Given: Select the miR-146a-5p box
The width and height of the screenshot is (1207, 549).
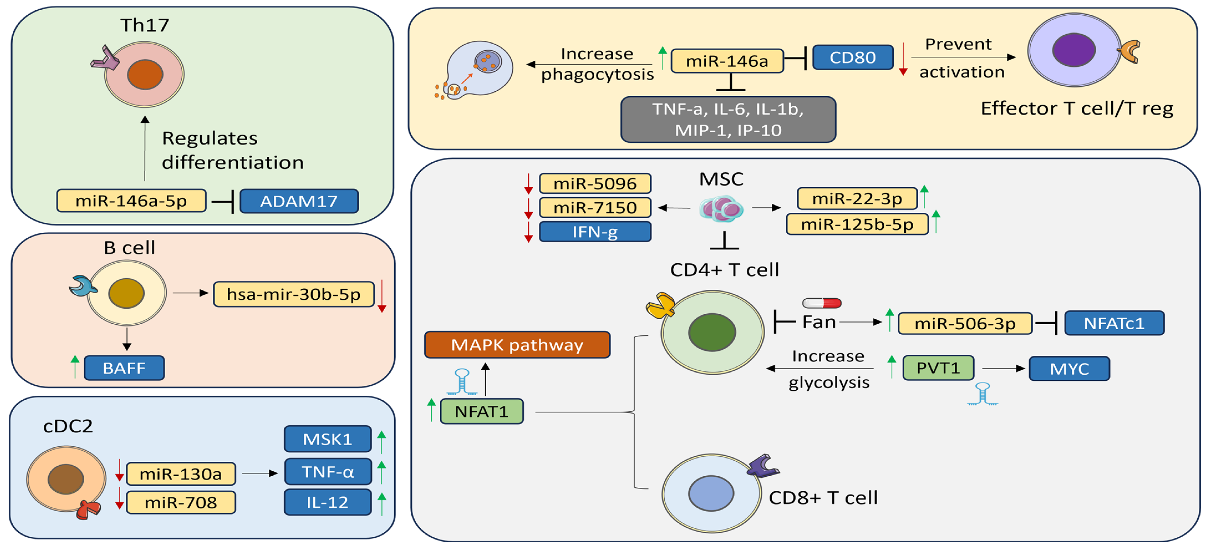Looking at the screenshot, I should [131, 201].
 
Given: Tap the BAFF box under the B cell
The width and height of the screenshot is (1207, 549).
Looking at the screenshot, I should [124, 368].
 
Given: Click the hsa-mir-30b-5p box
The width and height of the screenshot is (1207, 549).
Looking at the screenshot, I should [294, 294].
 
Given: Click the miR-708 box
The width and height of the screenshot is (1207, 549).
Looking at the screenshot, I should [181, 503].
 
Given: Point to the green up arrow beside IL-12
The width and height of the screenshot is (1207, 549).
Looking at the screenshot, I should [382, 504].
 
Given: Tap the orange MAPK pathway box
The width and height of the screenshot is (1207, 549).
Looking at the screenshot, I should [517, 345].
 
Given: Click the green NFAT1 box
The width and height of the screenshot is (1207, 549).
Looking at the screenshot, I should [482, 411].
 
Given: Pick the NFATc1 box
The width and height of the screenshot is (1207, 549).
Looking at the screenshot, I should [1114, 323].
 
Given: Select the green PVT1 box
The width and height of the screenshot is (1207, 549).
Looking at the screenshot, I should [938, 368].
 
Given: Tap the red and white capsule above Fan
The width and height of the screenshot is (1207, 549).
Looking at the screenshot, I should [822, 303].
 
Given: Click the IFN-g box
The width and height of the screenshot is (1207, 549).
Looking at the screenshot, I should [595, 232].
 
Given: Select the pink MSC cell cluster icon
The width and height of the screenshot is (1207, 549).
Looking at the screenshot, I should [721, 209].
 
